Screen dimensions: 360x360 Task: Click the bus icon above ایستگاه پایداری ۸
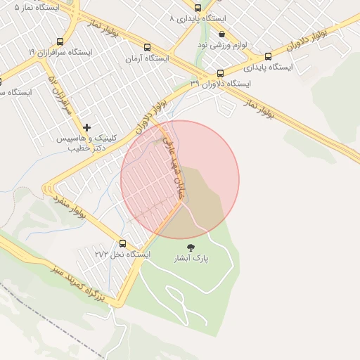[198, 8]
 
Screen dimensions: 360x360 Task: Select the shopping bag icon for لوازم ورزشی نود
[221, 33]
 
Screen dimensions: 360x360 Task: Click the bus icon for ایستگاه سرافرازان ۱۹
[59, 42]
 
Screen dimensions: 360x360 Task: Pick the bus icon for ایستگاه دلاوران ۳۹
[220, 73]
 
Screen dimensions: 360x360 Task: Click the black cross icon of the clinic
[86, 127]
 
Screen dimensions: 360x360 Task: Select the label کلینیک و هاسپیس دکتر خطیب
[91, 143]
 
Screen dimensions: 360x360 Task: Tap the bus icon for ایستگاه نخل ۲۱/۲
[123, 243]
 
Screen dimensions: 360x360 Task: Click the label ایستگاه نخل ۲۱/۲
[123, 254]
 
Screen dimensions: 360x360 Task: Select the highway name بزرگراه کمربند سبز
[79, 284]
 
